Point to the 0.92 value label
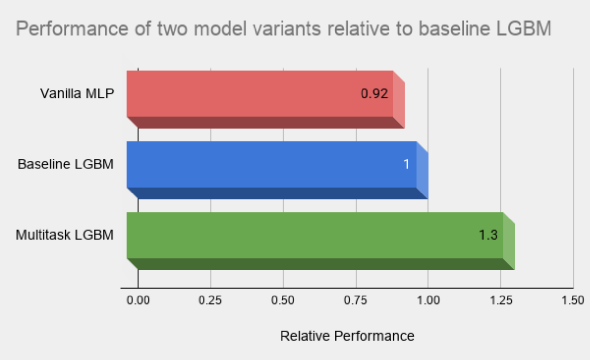[x=374, y=94]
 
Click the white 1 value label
[x=406, y=164]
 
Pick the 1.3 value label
[x=488, y=235]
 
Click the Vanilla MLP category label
[x=77, y=94]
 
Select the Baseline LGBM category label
[x=66, y=164]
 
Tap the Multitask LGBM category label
[x=65, y=235]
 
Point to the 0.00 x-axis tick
[x=138, y=300]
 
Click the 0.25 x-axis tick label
[x=210, y=300]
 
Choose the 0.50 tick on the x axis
[x=283, y=300]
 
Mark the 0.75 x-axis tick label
[x=356, y=300]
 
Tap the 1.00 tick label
[x=428, y=300]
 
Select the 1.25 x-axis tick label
[x=501, y=300]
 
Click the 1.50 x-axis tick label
[x=573, y=300]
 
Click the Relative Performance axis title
[x=347, y=336]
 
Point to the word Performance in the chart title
[x=72, y=28]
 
